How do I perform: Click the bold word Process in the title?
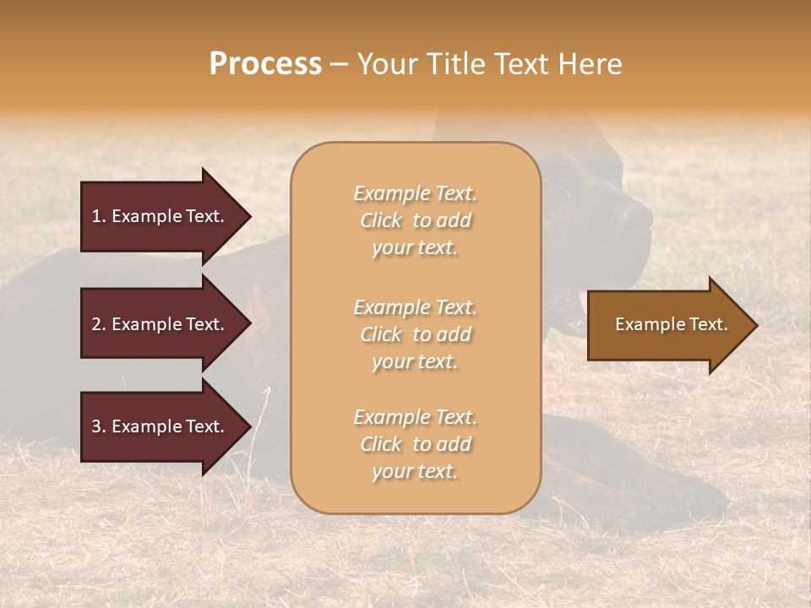(265, 64)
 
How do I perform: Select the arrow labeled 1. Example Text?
(161, 216)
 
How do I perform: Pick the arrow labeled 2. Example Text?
(161, 324)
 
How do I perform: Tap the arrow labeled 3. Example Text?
(161, 426)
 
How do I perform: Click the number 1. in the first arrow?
(99, 216)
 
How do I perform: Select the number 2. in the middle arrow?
(99, 324)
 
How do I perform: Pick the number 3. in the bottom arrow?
(99, 426)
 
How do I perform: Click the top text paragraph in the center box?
(415, 220)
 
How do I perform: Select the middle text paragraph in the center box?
(415, 334)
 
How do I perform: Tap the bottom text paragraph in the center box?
(415, 444)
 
